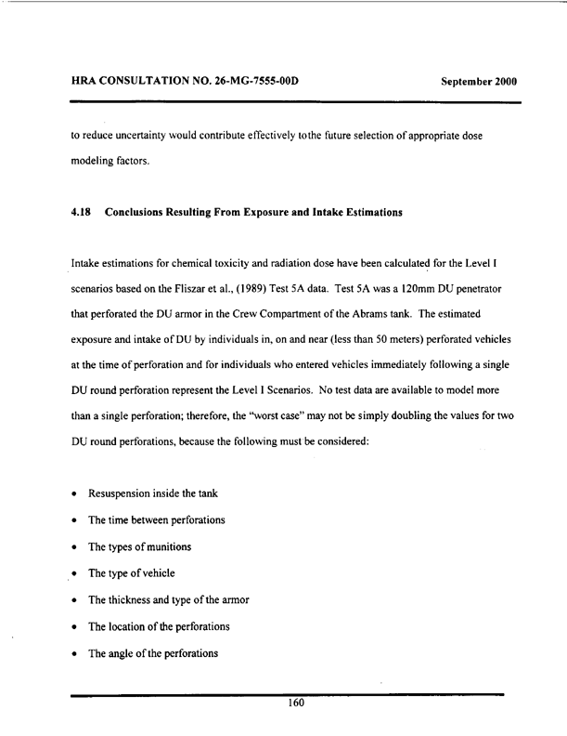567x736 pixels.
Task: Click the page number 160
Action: [296, 703]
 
